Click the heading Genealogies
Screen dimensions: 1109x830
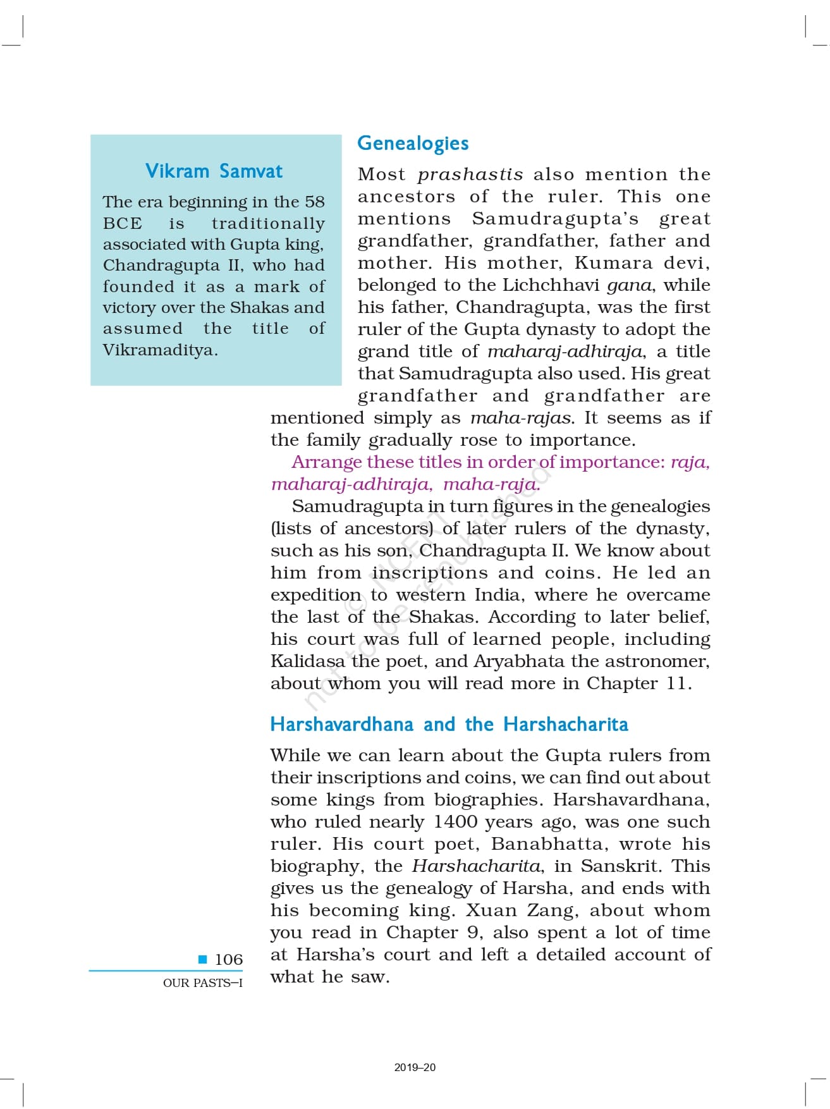coord(413,144)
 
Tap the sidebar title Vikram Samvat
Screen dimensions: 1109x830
coord(214,171)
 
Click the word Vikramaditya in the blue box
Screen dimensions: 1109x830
coord(159,350)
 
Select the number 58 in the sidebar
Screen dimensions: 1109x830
coord(314,202)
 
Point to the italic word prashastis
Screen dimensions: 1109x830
coord(470,175)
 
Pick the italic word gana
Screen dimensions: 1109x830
coord(629,285)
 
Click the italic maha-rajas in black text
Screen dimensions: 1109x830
coord(522,418)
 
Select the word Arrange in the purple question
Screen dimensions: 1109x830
coord(327,462)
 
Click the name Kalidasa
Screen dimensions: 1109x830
coord(308,661)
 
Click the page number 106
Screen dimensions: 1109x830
coord(228,960)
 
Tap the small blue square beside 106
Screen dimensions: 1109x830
coord(203,959)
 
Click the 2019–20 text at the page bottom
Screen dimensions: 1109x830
coord(415,1067)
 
